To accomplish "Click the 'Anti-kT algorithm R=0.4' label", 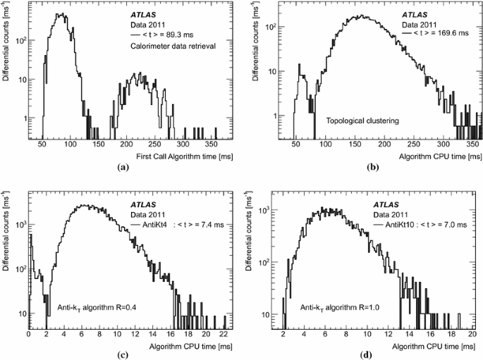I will [x=97, y=308].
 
